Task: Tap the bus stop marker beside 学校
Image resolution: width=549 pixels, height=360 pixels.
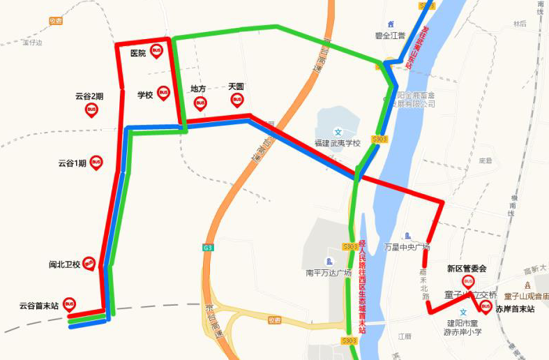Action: tap(163, 93)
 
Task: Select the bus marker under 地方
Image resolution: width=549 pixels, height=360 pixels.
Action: tap(200, 103)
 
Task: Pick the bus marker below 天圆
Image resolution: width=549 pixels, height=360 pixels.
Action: tap(237, 100)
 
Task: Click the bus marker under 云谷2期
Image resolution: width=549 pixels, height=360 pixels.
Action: tap(91, 110)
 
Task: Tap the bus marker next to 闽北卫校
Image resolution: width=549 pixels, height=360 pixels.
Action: tap(89, 263)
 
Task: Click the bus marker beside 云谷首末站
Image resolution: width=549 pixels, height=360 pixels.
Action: tap(69, 304)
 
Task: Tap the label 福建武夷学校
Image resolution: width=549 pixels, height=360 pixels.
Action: tap(337, 143)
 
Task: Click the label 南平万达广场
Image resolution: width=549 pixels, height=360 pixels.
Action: tap(329, 273)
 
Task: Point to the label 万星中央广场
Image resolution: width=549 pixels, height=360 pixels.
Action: tap(407, 247)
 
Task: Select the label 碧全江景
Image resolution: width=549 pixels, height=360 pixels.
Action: tap(391, 34)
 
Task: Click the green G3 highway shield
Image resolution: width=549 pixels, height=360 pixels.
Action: tap(207, 248)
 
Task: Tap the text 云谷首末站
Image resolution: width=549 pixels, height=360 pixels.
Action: tap(38, 306)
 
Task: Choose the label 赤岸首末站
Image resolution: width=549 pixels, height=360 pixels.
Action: tap(515, 309)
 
